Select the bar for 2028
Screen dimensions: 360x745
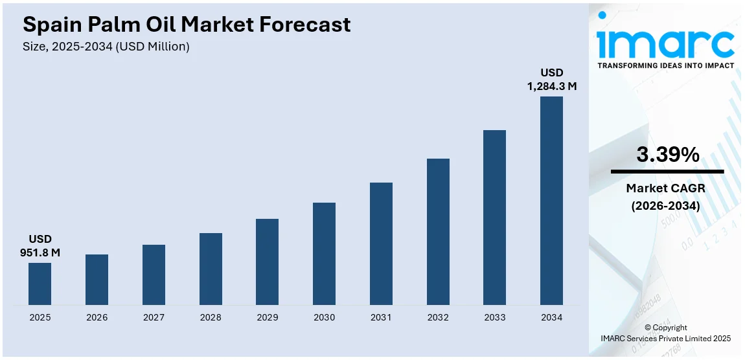(211, 269)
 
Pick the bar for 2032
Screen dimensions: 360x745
(438, 231)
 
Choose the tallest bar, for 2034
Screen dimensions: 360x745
(551, 201)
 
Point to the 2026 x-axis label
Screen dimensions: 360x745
(97, 317)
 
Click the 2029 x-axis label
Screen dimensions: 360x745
(267, 317)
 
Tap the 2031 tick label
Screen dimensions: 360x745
(381, 317)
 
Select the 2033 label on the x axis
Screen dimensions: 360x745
(494, 317)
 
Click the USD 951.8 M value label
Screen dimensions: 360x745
(40, 246)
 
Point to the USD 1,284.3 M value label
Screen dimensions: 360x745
(552, 79)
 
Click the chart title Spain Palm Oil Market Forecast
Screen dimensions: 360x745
(187, 25)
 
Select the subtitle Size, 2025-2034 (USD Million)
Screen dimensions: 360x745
(106, 47)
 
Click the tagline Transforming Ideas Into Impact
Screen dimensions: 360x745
(665, 65)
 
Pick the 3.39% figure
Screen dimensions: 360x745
(667, 154)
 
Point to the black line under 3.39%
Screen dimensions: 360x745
(667, 172)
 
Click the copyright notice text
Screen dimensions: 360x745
(667, 333)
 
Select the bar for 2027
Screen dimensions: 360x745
(154, 275)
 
